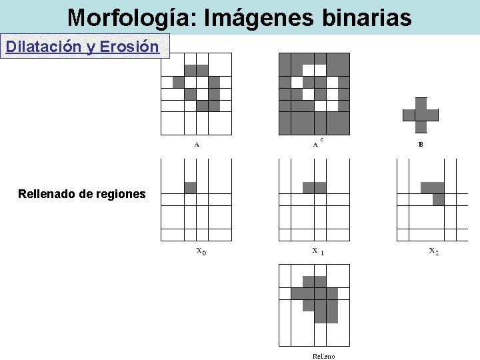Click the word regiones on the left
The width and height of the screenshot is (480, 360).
(120, 194)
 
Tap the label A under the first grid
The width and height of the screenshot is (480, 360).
(197, 144)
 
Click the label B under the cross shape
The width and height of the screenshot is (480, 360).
(421, 144)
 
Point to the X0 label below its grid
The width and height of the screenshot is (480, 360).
(201, 251)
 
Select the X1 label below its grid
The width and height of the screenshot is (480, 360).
(317, 251)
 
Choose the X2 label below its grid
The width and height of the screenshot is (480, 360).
(433, 251)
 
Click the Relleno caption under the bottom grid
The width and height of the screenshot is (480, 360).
(324, 356)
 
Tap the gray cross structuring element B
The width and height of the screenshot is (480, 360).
(421, 115)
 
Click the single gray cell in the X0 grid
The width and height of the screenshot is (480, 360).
(190, 187)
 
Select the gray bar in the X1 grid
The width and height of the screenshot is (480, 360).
(314, 187)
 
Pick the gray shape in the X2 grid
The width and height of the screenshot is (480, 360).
(435, 191)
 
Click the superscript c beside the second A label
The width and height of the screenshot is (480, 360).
(322, 139)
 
